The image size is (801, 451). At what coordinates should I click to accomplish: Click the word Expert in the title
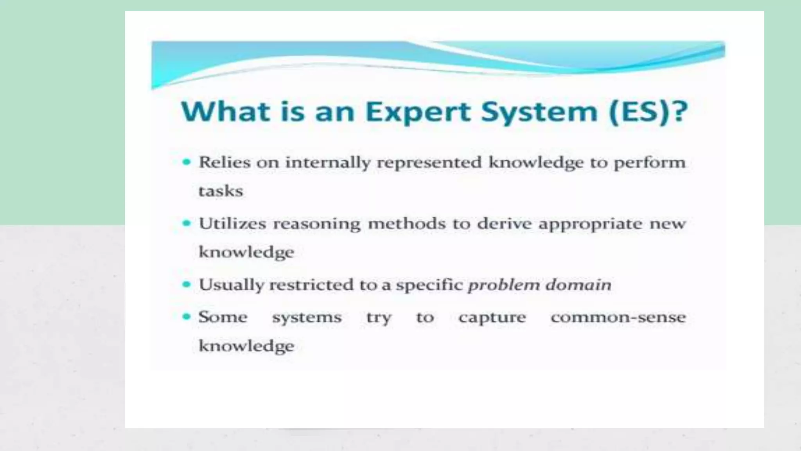[418, 112]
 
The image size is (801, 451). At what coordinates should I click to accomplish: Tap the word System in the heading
[539, 112]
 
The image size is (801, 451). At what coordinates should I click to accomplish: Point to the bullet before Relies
[187, 162]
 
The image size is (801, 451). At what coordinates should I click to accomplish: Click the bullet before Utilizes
[187, 223]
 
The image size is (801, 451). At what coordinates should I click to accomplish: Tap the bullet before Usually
[187, 284]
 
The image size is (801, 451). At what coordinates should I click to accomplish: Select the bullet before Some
[187, 316]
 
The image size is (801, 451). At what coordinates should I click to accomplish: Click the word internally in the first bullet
[328, 162]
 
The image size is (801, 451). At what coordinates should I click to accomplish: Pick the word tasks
[221, 191]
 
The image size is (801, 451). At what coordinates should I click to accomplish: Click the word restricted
[311, 285]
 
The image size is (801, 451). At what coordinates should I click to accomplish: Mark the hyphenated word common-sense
[618, 317]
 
